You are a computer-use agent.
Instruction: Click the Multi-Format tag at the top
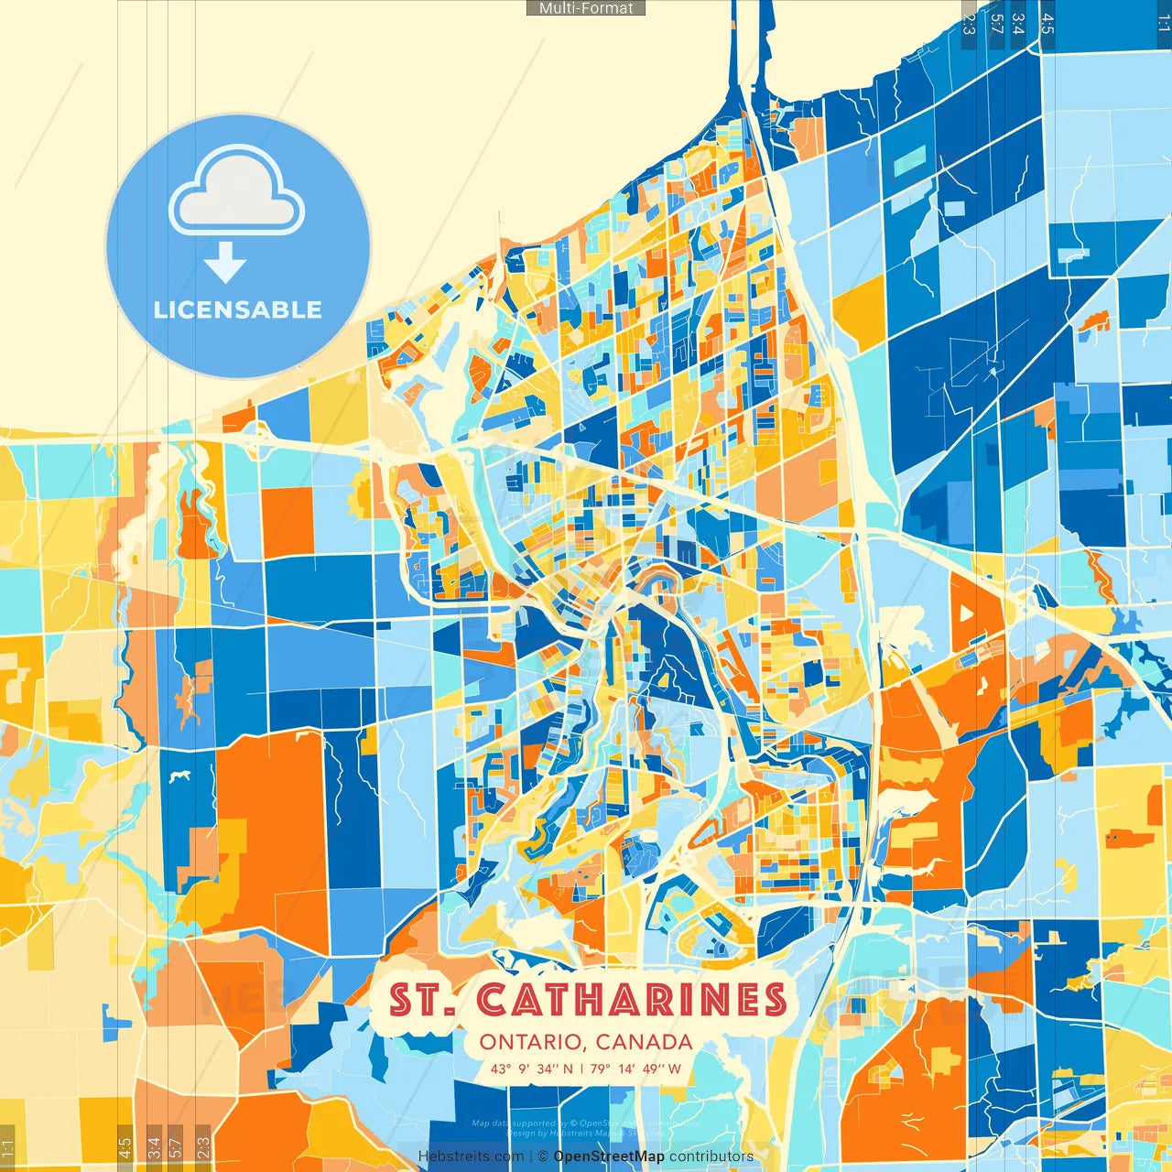point(586,8)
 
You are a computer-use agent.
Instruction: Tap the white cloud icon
point(236,194)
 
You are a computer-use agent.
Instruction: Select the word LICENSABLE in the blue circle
point(238,309)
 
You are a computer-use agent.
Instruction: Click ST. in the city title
point(422,1000)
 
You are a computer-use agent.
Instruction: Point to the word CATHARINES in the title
point(632,1000)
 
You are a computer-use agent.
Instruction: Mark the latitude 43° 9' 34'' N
point(532,1069)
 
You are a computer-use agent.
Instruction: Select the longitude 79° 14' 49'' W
point(635,1069)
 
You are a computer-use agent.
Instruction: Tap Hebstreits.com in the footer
point(471,1156)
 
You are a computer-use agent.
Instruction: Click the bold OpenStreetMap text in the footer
point(609,1156)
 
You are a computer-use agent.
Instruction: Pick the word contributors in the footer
point(711,1156)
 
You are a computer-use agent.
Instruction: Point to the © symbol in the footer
point(543,1156)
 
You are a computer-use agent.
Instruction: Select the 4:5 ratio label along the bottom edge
point(125,1146)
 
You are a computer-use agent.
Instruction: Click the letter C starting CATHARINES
point(494,1000)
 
